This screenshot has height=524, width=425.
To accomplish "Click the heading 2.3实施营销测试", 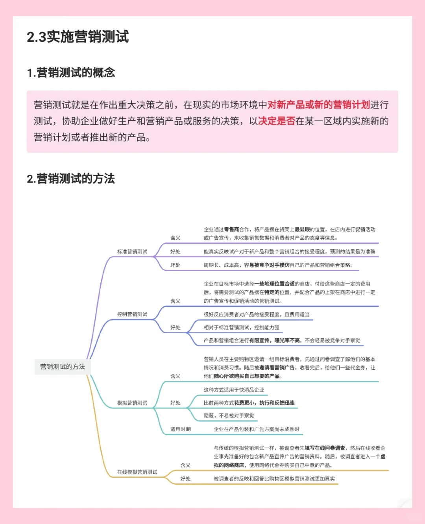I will [x=78, y=37].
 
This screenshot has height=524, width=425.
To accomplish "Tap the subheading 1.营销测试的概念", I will [x=71, y=73].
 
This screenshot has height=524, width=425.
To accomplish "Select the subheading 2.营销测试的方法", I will [x=71, y=179].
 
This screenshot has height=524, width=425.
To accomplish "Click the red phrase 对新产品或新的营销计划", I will [x=319, y=105].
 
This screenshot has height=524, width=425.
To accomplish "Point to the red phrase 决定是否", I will [x=277, y=121].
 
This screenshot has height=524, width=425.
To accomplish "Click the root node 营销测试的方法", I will [x=63, y=367].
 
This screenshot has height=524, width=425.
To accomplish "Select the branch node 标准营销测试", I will [x=132, y=252].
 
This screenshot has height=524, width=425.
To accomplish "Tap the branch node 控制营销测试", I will [x=132, y=314].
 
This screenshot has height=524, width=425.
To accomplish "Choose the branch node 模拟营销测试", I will [x=132, y=403].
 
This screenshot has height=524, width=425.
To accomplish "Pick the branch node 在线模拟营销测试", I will [x=137, y=472].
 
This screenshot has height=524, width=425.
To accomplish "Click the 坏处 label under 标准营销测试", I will [x=175, y=265].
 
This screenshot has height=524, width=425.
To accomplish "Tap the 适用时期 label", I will [x=180, y=429].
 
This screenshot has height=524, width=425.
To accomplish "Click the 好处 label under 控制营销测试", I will [x=175, y=327].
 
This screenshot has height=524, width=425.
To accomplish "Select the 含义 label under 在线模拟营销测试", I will [x=185, y=465].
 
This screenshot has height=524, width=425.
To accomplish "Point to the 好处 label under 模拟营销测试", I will [x=175, y=403].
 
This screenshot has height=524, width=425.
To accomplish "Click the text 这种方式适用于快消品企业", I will [x=234, y=390].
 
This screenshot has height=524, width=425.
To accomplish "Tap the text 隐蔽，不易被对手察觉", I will [x=229, y=416].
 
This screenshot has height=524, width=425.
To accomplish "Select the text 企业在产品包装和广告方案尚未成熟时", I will [x=256, y=429].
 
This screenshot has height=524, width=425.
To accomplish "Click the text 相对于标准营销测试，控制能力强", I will [x=241, y=327].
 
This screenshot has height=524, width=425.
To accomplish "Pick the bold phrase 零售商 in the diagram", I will [x=231, y=229].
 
